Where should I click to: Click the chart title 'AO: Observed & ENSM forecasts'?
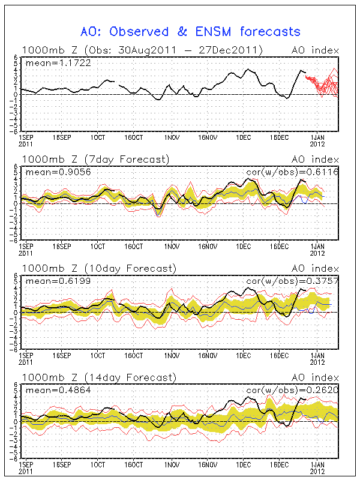[190, 31]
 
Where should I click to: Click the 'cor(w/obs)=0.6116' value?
[293, 172]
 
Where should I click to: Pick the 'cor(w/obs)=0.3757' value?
[293, 281]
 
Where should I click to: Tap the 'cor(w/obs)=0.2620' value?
[293, 391]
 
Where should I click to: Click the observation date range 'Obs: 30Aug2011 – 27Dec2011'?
[173, 50]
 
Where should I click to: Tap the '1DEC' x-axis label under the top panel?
[243, 137]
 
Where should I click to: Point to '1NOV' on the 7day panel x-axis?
[172, 247]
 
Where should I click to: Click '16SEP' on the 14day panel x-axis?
[62, 465]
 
